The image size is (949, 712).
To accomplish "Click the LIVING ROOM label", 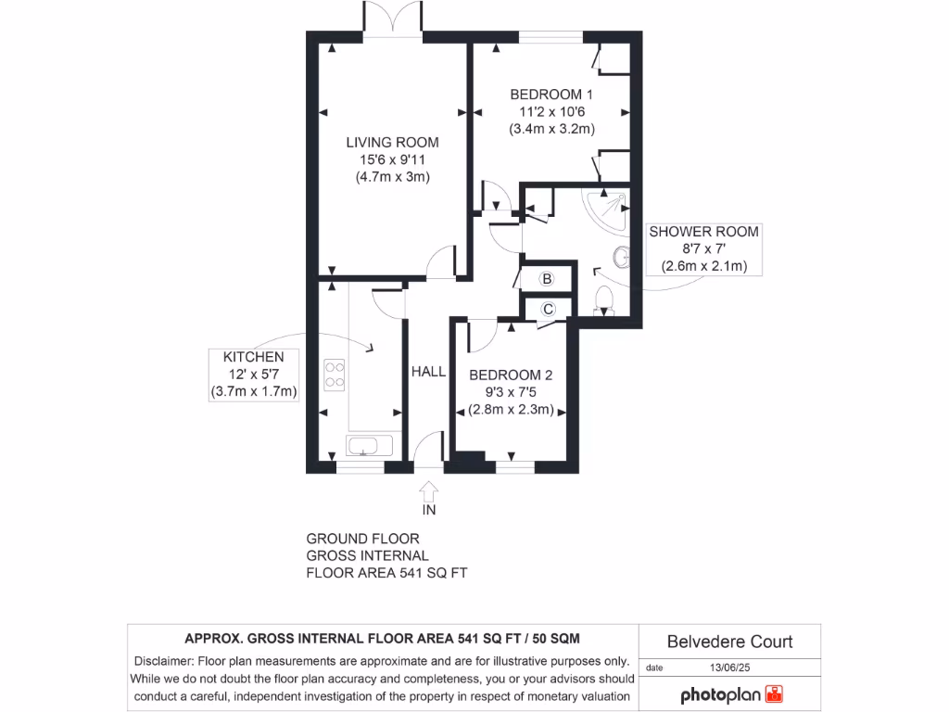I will pos(392,142).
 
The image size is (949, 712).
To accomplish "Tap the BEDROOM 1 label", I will pos(551,94).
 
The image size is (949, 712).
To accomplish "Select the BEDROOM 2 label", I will pos(511,375).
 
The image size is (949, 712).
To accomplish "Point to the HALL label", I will pos(428,372).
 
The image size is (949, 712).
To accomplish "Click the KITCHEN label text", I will pos(253,357).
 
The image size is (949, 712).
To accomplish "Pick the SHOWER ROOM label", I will pos(703,232).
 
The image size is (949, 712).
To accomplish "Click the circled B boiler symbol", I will pos(547,279).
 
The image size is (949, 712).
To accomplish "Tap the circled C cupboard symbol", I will pos(547,309).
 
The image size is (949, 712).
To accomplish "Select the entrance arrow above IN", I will pos(429,489).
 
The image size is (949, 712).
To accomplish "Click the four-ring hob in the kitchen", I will pos(335,374).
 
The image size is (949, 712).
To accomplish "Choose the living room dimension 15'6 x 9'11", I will pos(392,159).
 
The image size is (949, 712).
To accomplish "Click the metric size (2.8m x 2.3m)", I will pos(511,410).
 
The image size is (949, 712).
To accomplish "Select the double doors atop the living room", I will pos(394,19).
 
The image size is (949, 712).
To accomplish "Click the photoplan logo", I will pos(732,694).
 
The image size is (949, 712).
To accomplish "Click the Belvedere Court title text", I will pos(730,642).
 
